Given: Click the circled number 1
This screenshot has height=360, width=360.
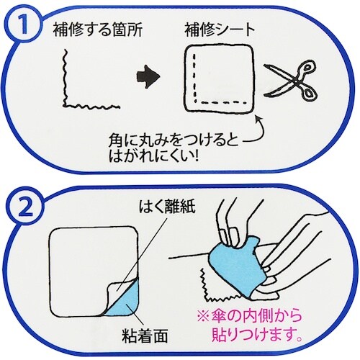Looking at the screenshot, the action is tap(24, 25).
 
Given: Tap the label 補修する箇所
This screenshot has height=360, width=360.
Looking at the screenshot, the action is tap(98, 30).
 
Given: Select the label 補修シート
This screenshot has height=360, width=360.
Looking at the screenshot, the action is tap(220, 30).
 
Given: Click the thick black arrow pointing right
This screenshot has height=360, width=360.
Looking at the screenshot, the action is tap(148, 76).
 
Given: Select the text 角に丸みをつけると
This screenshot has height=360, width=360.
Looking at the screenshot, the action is tap(174, 140).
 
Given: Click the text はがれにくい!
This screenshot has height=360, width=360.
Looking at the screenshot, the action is tap(153, 156).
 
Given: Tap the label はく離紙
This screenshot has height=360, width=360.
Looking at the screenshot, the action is tap(167, 207).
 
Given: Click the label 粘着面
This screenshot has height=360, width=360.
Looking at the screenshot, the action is tap(145, 336).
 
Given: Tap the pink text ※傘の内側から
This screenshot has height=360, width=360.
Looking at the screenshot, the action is tap(250, 316).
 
